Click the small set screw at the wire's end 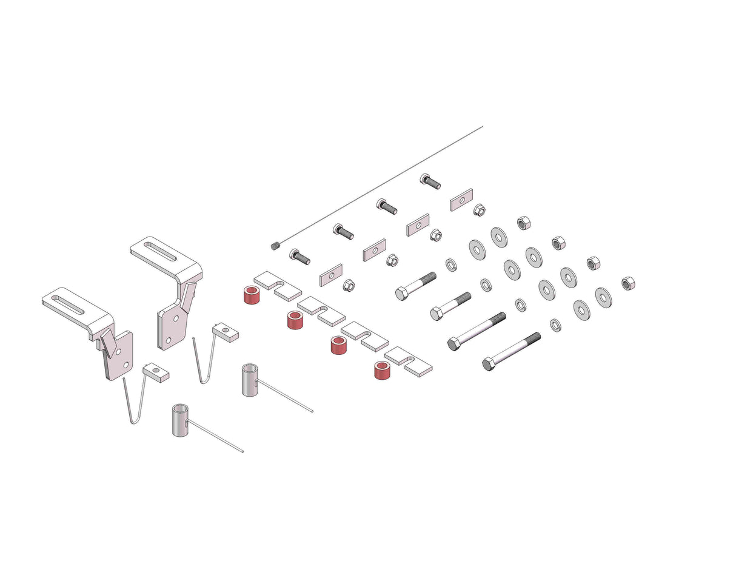(273, 246)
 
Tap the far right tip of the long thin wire (482, 127)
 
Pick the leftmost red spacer (252, 295)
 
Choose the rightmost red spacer (382, 369)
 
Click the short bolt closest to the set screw (299, 257)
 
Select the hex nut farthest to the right (628, 283)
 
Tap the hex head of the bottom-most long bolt (489, 365)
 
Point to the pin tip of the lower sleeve (243, 451)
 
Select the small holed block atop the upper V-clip (226, 332)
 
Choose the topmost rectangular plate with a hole (461, 199)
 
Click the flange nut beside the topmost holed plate (478, 210)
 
